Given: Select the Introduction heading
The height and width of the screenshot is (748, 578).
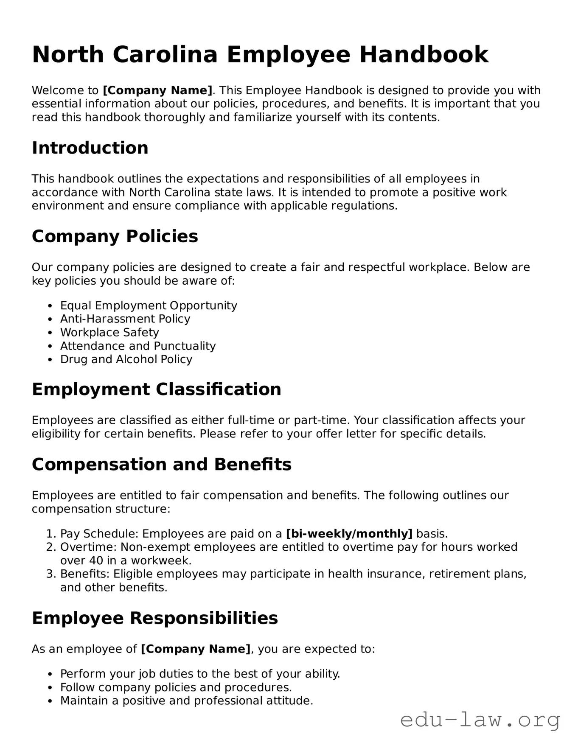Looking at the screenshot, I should coord(90,148).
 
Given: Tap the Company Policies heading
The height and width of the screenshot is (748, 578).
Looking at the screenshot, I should coord(115,236).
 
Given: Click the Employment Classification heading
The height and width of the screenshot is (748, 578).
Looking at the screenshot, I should coord(156,389).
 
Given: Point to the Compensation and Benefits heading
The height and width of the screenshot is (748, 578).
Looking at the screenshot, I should coord(161,465).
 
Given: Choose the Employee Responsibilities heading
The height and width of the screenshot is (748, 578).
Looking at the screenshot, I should coord(154,618).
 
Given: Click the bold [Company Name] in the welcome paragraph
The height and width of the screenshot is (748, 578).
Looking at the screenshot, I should coord(157,90).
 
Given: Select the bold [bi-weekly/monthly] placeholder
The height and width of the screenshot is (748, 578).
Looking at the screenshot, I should coord(349,534).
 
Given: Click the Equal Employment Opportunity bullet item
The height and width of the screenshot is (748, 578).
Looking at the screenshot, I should coord(149,305).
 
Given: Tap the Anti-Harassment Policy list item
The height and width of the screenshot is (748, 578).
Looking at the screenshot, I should coord(125,319).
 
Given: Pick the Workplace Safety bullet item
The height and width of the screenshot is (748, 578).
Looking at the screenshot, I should coord(109,333).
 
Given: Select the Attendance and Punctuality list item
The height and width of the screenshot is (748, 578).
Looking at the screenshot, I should coord(138,346).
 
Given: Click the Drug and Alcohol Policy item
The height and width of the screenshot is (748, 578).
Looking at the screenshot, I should coord(126,359).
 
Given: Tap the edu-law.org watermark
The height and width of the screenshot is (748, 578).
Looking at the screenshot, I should coord(480,720).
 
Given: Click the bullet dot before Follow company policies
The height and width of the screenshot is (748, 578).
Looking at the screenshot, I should coord(50,688).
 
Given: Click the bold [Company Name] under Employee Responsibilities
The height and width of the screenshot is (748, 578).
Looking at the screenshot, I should coord(195,649).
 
